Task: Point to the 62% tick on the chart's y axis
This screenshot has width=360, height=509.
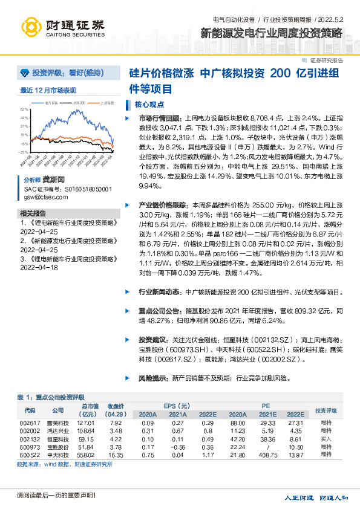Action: pyautogui.click(x=24, y=109)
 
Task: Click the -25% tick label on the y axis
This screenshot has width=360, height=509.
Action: pyautogui.click(x=24, y=152)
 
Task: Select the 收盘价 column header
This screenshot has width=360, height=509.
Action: pyautogui.click(x=116, y=406)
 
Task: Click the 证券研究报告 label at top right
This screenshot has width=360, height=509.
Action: pyautogui.click(x=326, y=60)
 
